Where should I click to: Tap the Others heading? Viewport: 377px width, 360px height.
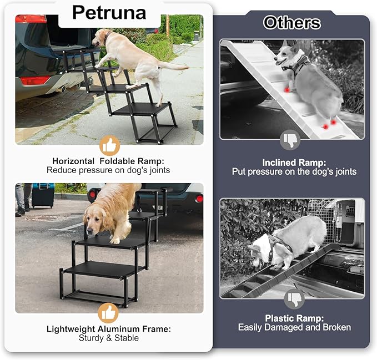coord(291,23)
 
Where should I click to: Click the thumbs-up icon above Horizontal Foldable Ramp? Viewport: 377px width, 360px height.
coord(109,146)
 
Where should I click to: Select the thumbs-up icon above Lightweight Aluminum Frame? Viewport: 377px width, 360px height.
coord(108,312)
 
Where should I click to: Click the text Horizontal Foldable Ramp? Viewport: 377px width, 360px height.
coord(108,161)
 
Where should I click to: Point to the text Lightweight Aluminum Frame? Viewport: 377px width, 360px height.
coord(108,329)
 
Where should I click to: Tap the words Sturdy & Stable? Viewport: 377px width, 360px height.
coord(108,338)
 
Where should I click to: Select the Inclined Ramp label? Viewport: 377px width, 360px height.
coord(292,163)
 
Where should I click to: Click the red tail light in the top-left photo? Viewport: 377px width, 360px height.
coord(31,19)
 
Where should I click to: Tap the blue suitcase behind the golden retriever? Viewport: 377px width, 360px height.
coord(42,196)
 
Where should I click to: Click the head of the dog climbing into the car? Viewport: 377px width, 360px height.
coord(102,38)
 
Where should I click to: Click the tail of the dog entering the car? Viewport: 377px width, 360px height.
coord(175,67)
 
